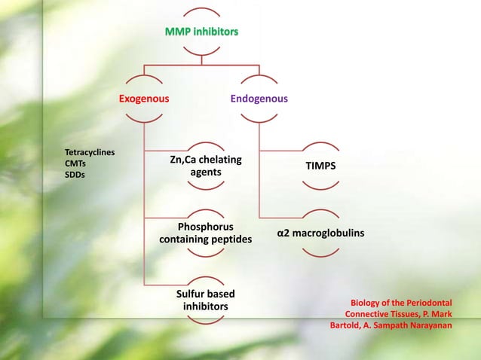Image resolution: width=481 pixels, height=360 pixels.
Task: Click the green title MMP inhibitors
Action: click(x=202, y=32)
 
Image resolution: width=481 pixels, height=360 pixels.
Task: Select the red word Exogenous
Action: click(x=144, y=99)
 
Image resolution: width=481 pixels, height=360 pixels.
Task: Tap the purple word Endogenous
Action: click(x=259, y=99)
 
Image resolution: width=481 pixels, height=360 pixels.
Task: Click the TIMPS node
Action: click(x=320, y=166)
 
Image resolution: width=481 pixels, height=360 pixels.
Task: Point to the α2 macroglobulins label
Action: click(x=320, y=233)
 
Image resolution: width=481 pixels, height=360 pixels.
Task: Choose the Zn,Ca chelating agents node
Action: click(x=205, y=166)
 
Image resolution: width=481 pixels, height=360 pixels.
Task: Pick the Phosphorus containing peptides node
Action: click(x=205, y=233)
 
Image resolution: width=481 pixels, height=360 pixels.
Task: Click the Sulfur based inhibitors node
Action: click(x=206, y=300)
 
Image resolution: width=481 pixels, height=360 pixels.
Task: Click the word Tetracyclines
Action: click(x=90, y=152)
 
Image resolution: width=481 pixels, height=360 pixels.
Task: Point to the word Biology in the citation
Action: click(x=367, y=303)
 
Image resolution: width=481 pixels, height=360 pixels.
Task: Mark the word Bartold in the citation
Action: click(x=348, y=325)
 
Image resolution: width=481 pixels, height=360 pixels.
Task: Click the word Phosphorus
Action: click(x=205, y=227)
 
